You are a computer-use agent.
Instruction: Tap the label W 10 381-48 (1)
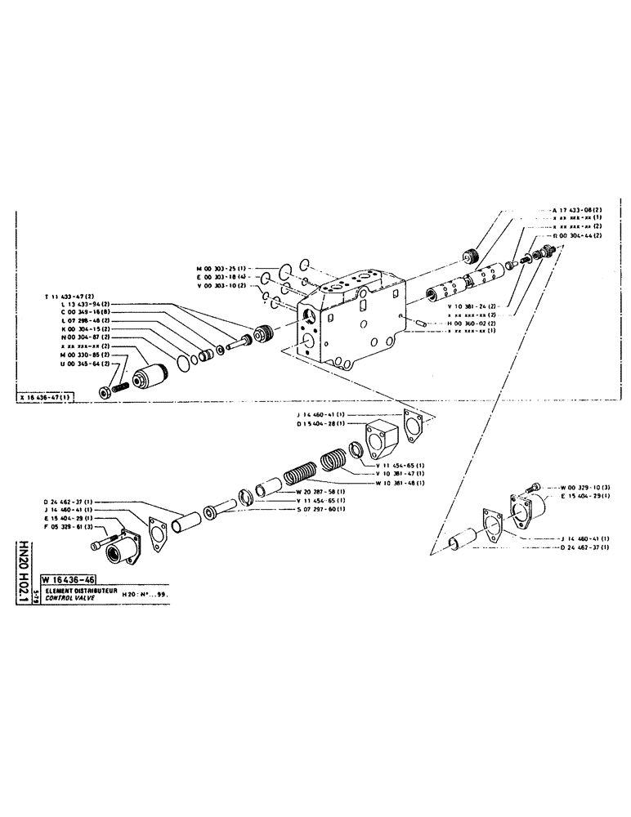[402, 484]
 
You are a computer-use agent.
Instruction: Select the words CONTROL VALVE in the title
[72, 597]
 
